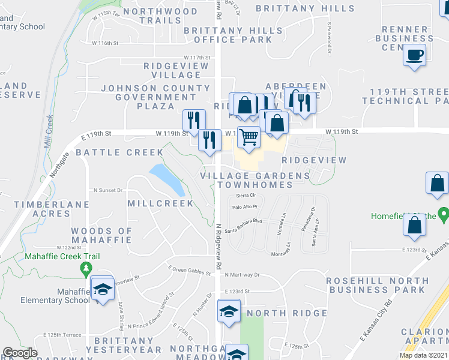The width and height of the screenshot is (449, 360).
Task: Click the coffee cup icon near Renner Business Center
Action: [415, 56]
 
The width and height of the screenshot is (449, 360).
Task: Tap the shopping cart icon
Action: [249, 137]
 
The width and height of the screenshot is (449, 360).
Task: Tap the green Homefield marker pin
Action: [444, 214]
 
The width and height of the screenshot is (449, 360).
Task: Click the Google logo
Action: [20, 353]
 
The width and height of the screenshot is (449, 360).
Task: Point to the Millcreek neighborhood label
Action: [161, 203]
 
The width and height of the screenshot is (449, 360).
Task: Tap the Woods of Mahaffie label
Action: [101, 235]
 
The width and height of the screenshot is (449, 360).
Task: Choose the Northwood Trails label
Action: [160, 16]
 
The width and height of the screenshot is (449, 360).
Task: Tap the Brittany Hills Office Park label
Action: [228, 35]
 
